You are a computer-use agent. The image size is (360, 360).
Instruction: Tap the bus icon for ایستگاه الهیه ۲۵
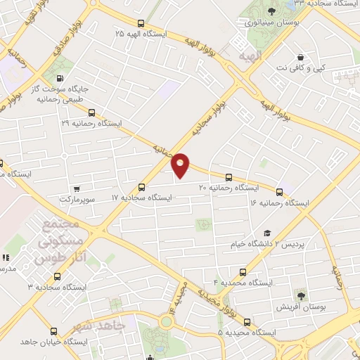tap(141, 23)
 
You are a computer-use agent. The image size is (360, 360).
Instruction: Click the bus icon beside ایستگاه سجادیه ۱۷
tap(142, 187)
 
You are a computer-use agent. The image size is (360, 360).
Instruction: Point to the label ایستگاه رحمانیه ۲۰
tap(228, 188)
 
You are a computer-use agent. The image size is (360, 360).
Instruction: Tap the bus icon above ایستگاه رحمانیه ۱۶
tap(280, 192)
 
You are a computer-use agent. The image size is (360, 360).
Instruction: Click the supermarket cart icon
tap(76, 188)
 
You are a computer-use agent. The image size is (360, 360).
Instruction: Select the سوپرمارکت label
tap(75, 200)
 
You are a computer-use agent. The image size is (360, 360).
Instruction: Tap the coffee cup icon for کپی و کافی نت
tap(301, 57)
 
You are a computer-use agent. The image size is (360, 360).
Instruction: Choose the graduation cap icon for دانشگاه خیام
tap(266, 233)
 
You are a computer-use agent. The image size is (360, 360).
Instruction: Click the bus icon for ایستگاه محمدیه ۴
tap(243, 271)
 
